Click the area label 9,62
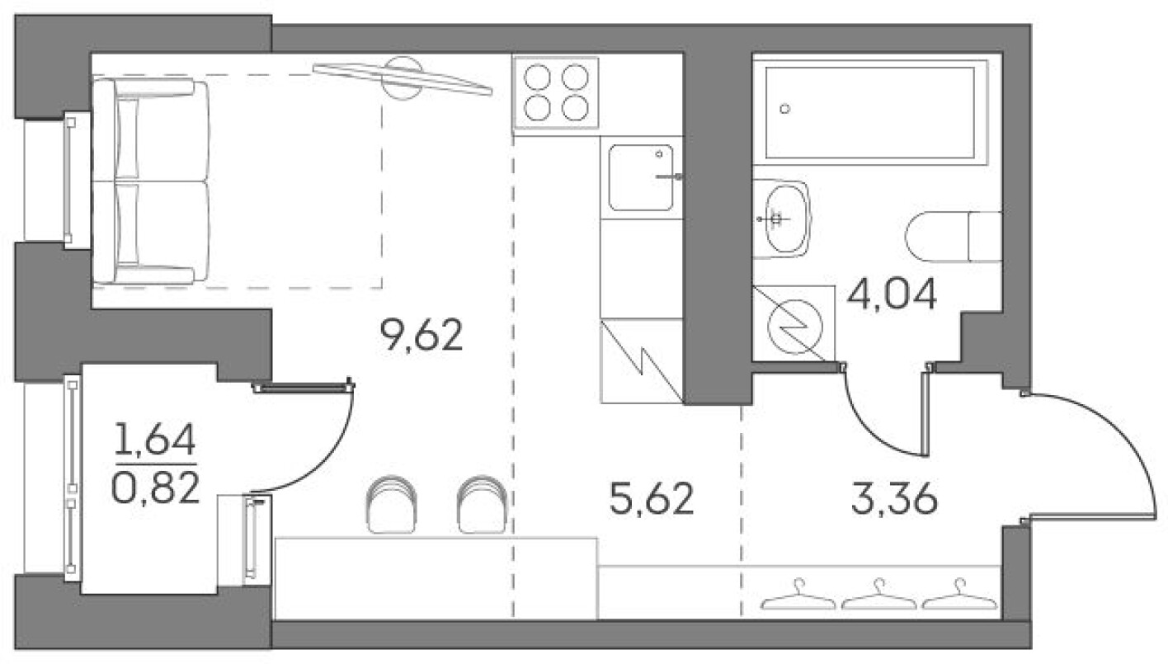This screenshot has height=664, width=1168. pyautogui.click(x=422, y=336)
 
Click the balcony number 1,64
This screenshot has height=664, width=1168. pyautogui.click(x=155, y=442)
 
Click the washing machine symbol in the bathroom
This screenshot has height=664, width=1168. pyautogui.click(x=792, y=323)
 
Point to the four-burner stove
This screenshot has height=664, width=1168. pyautogui.click(x=554, y=93)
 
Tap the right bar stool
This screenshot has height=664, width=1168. pyautogui.click(x=482, y=504)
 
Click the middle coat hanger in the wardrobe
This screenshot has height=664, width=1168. pyautogui.click(x=878, y=596)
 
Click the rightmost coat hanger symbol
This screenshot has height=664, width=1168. pyautogui.click(x=958, y=596)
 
